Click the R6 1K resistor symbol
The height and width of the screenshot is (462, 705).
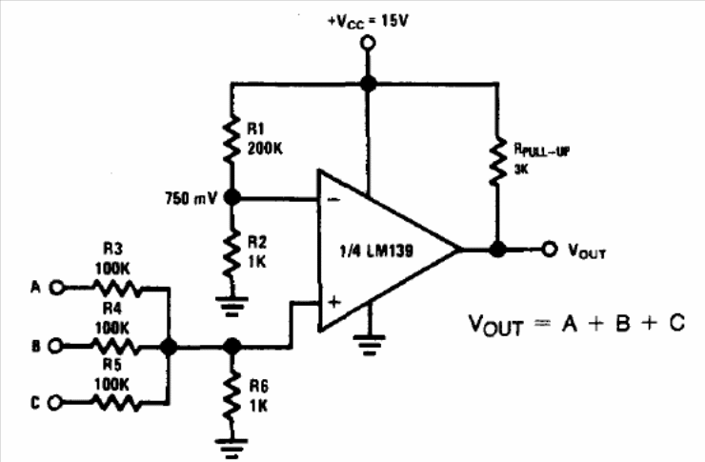click(x=230, y=393)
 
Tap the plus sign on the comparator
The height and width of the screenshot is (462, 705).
click(x=332, y=302)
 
